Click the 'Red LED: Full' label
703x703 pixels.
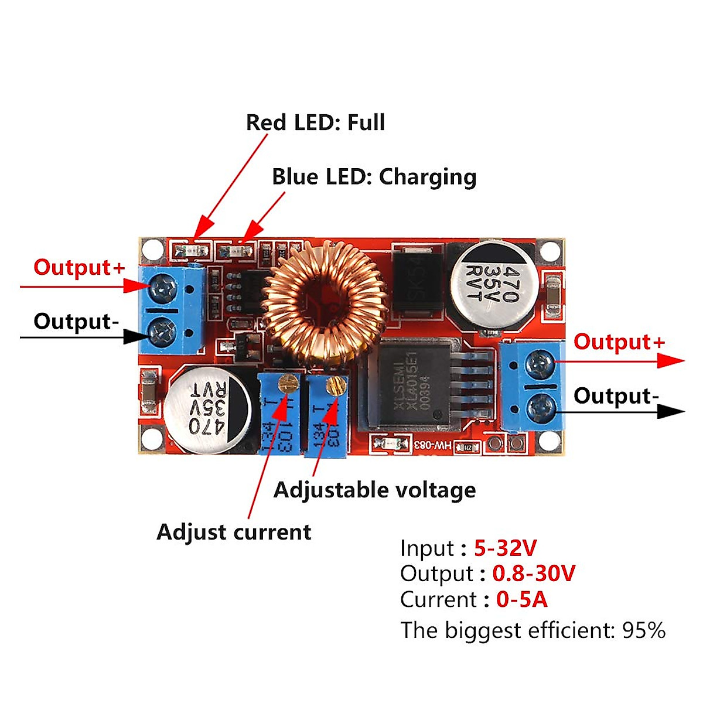click(315, 122)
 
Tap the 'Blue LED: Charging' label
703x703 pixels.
click(374, 177)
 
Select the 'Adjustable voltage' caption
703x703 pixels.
click(374, 490)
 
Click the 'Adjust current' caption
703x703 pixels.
click(234, 532)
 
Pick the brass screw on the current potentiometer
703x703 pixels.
click(287, 384)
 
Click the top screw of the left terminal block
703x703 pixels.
click(161, 288)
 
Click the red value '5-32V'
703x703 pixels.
click(505, 548)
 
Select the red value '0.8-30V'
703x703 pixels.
click(534, 574)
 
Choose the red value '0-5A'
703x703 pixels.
click(521, 599)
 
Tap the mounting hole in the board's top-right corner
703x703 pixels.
click(549, 251)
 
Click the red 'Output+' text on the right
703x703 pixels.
click(619, 342)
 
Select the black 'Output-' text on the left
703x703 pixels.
click(76, 322)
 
